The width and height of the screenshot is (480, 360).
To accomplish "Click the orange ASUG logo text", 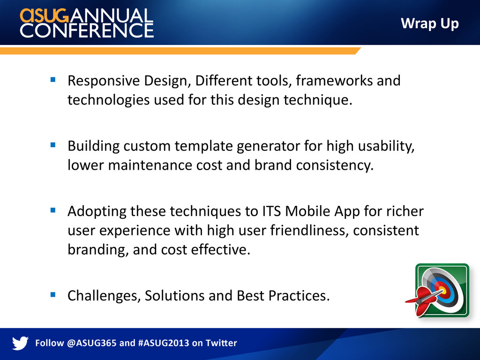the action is (44, 15).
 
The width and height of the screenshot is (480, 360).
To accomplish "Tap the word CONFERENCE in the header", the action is (87, 30).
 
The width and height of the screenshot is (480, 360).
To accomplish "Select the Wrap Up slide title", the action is (430, 24).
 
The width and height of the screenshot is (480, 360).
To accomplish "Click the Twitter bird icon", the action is (20, 343).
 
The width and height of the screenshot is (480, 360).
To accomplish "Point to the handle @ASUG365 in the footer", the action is (91, 343).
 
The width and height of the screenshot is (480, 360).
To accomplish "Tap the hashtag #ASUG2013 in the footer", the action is (164, 343).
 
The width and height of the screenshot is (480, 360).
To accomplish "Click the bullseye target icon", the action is (442, 290).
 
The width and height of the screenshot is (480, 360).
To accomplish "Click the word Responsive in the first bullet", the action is (104, 81).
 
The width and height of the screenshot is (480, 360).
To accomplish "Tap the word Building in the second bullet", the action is (94, 146).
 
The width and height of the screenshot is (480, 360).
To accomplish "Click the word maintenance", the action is (150, 165).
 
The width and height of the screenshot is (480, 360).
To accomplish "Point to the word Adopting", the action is (97, 212).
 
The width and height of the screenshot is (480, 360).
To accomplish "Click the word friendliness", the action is (309, 231).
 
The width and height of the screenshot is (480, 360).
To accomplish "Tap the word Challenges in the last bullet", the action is (104, 296).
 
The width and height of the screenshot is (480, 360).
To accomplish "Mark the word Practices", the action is (299, 296).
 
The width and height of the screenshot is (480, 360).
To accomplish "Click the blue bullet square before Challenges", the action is (53, 295).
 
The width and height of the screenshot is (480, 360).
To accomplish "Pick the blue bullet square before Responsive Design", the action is (53, 80).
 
